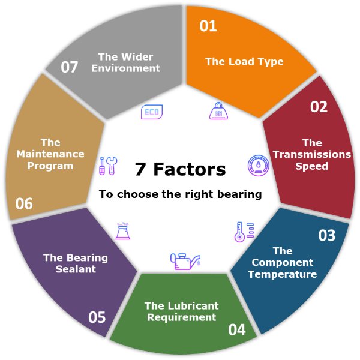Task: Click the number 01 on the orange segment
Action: coord(208,26)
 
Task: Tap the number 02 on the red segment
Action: coord(319,107)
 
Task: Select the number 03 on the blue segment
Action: coord(327,235)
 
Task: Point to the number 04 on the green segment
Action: coord(237,329)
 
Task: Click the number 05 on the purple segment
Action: coord(97,317)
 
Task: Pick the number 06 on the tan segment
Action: coord(24,203)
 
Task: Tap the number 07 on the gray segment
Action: coord(70,67)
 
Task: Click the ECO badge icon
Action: coord(152,112)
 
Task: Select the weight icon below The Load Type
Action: coord(218,111)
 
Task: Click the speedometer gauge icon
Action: coord(259,166)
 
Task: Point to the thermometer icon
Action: coord(244,232)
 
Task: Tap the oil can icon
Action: coord(185,262)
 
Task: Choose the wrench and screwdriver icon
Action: coord(108,166)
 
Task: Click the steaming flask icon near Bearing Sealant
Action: coord(123,231)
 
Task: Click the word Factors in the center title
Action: coord(190,169)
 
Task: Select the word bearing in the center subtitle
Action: coord(239,194)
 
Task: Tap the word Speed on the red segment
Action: coord(311,166)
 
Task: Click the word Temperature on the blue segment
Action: coord(283,274)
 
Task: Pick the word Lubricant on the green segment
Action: coord(193,306)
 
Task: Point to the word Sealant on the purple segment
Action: coord(76,269)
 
